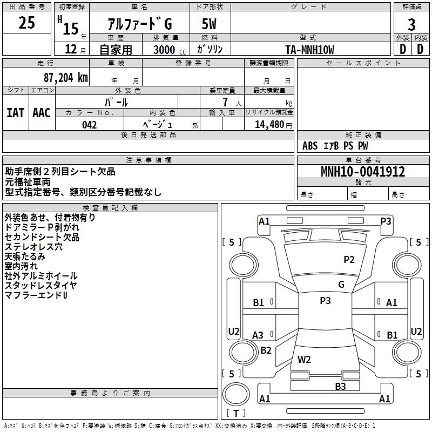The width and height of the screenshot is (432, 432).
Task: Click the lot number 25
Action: (27, 23)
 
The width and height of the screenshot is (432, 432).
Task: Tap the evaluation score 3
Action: (411, 24)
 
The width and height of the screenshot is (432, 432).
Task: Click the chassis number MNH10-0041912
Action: (362, 172)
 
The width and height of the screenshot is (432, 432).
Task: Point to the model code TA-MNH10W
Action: (309, 50)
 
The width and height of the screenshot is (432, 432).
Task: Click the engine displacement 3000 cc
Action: (165, 50)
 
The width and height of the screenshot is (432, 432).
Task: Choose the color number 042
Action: (89, 125)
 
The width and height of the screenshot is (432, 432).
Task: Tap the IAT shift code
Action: (15, 112)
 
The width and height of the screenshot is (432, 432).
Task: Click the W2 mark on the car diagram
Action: (304, 359)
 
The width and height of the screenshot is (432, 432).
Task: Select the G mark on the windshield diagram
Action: (341, 285)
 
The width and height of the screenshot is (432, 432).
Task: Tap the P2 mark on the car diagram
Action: (349, 260)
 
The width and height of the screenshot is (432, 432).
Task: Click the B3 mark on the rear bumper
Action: (340, 386)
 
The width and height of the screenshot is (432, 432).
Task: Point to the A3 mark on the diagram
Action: (258, 335)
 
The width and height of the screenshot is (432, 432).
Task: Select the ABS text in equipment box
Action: (310, 146)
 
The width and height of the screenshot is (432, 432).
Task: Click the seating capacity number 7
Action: (224, 102)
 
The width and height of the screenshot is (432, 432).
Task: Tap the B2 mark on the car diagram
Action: (266, 350)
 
